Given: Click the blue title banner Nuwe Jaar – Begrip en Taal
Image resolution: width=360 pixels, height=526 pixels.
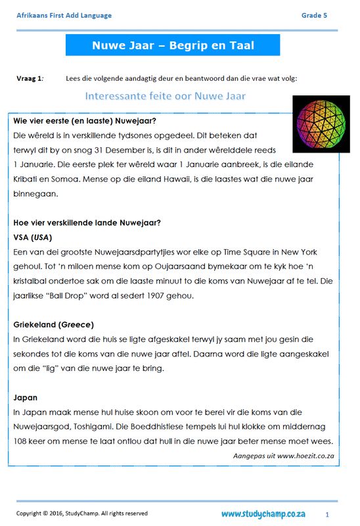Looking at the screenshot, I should [173, 45].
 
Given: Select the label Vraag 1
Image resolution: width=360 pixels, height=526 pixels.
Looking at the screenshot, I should [30, 78].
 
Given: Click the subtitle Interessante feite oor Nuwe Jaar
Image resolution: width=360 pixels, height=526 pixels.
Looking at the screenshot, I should [165, 97].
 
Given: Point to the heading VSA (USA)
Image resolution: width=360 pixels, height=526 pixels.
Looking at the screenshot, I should [32, 237].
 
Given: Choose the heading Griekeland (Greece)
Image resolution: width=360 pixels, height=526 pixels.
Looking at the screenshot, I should [53, 325].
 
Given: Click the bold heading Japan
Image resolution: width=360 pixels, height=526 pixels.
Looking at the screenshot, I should [25, 397].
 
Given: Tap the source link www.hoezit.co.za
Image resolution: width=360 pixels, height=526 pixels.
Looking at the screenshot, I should [305, 455].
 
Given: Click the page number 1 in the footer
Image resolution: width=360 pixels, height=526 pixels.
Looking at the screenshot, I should [326, 514].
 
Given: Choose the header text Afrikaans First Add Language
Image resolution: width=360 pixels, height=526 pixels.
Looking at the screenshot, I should [64, 15].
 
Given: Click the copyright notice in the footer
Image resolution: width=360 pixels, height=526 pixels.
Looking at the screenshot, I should [81, 514].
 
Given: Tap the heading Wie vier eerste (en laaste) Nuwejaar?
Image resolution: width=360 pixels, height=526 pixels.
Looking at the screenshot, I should [84, 121].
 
